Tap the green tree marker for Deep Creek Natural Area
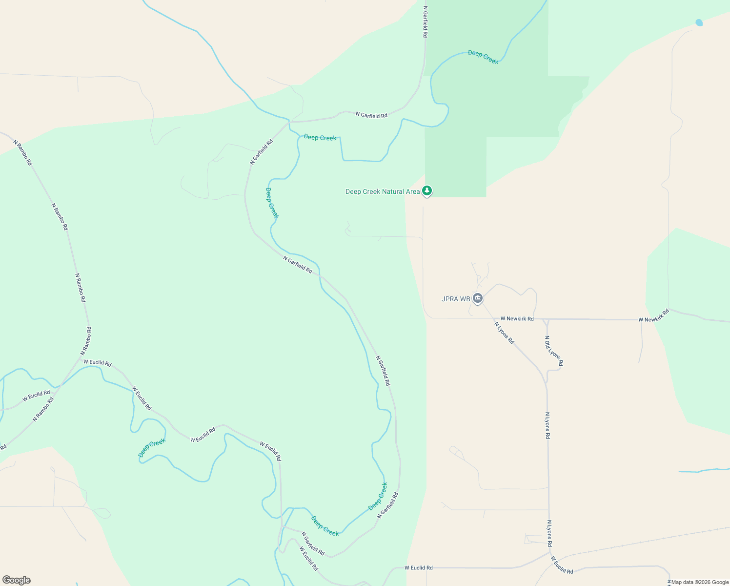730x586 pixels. (x=427, y=190)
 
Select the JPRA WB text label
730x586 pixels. (x=456, y=299)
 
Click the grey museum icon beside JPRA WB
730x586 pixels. (x=478, y=298)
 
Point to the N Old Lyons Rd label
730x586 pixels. (x=554, y=351)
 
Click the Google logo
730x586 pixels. (x=16, y=580)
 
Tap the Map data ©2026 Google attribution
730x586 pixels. (x=700, y=582)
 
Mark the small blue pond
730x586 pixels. (x=699, y=22)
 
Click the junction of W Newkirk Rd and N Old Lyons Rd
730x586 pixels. (x=547, y=319)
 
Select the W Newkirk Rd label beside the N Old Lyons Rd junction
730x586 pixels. (x=517, y=319)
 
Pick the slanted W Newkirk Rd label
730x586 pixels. (x=653, y=315)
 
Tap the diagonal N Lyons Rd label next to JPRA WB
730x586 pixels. (x=504, y=333)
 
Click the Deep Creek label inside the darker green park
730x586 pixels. (x=483, y=57)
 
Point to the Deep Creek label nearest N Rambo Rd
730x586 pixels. (x=152, y=448)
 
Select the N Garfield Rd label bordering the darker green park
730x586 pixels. (x=426, y=22)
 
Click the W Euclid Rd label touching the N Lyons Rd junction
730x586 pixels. (x=562, y=565)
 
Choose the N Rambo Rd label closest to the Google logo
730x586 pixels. (x=43, y=409)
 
